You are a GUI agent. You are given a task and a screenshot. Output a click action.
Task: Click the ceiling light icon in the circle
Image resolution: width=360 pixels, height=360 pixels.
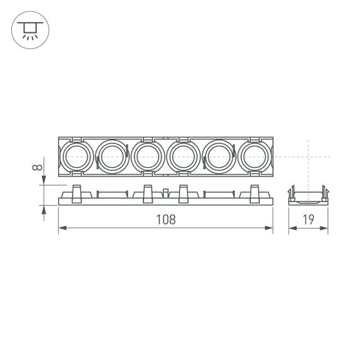[x=28, y=28]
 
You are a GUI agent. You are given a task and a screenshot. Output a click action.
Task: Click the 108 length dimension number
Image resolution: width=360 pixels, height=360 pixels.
[x=165, y=220]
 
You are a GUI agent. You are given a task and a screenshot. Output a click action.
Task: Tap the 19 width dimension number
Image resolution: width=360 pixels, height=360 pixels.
[x=308, y=220]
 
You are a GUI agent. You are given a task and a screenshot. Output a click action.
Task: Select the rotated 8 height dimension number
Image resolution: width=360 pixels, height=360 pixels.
[x=39, y=168]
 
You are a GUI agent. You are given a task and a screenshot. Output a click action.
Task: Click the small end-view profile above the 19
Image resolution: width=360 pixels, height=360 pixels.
[x=308, y=195]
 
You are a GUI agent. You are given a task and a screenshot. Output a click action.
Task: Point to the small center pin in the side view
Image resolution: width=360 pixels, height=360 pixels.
[x=165, y=194]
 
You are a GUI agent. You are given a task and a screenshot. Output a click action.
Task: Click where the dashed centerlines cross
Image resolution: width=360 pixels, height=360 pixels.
[x=308, y=155]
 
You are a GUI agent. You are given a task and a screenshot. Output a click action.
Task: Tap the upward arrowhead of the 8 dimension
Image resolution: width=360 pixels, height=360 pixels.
[x=44, y=210]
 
